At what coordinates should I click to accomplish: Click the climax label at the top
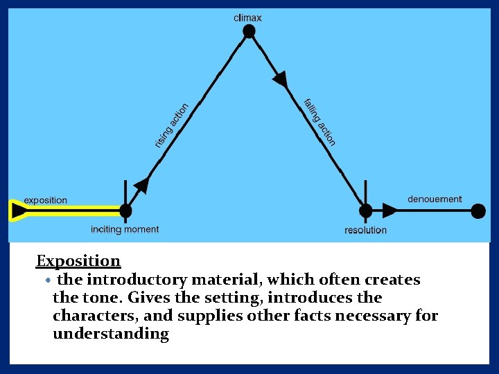pyautogui.click(x=248, y=17)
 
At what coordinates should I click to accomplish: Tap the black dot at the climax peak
pyautogui.click(x=249, y=31)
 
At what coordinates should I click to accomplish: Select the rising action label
pyautogui.click(x=171, y=125)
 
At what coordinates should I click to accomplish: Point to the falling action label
pyautogui.click(x=319, y=122)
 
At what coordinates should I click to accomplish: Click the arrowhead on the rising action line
pyautogui.click(x=141, y=184)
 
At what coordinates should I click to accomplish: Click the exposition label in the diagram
pyautogui.click(x=46, y=200)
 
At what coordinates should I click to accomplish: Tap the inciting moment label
pyautogui.click(x=125, y=229)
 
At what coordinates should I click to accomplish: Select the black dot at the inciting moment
pyautogui.click(x=125, y=211)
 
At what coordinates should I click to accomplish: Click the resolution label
pyautogui.click(x=365, y=230)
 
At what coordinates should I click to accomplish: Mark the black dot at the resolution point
pyautogui.click(x=365, y=211)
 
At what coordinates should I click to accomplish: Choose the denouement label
pyautogui.click(x=435, y=199)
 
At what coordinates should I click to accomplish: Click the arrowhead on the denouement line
pyautogui.click(x=391, y=211)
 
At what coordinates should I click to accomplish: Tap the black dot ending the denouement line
pyautogui.click(x=478, y=211)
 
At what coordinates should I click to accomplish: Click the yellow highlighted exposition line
pyautogui.click(x=69, y=211)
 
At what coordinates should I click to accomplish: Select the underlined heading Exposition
pyautogui.click(x=78, y=261)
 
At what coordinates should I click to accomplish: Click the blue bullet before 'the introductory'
pyautogui.click(x=47, y=280)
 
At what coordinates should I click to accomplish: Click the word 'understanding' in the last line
pyautogui.click(x=111, y=334)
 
